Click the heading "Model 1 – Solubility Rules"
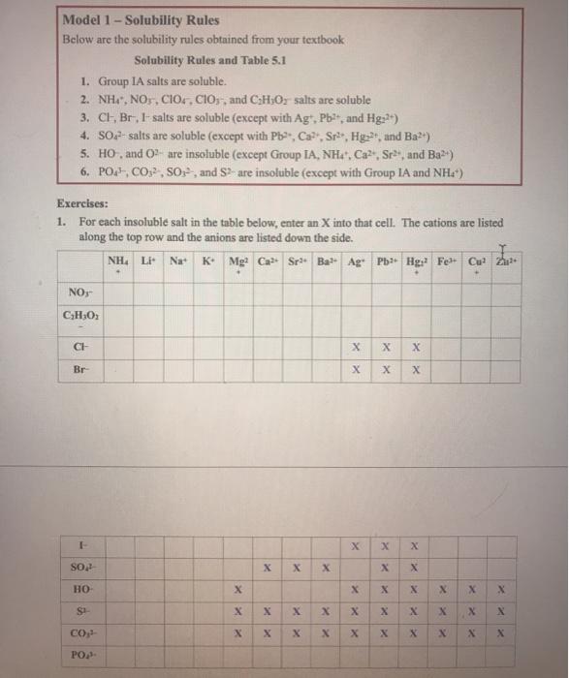pyautogui.click(x=142, y=19)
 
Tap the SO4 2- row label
pyautogui.click(x=78, y=567)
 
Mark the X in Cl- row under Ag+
pyautogui.click(x=358, y=346)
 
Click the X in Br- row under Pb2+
pyautogui.click(x=387, y=371)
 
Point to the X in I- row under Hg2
pyautogui.click(x=415, y=546)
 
